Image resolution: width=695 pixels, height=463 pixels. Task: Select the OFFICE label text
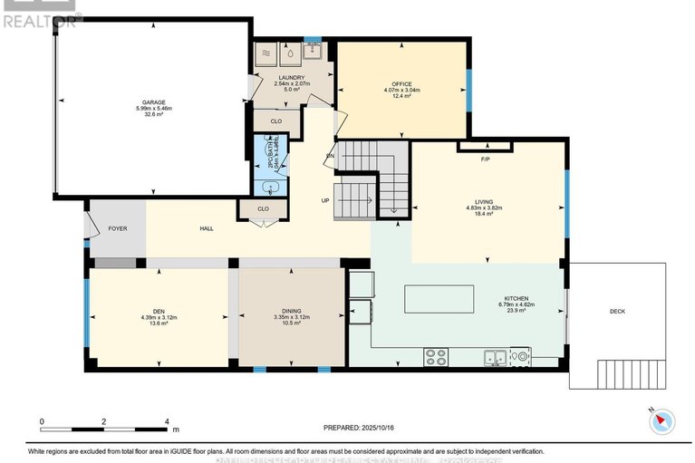(401, 85)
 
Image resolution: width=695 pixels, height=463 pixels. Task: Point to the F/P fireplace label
(485, 159)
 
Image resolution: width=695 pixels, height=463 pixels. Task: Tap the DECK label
(617, 312)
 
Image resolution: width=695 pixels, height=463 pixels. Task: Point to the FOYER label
(118, 228)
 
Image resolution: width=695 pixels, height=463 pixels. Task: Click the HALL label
(206, 229)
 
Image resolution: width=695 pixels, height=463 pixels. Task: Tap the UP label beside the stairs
(324, 200)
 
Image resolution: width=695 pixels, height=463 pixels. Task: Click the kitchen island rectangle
(439, 297)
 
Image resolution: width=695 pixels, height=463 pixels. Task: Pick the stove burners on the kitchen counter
(435, 358)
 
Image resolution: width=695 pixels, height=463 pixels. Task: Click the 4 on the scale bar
(167, 422)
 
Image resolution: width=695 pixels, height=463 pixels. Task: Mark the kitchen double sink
(495, 356)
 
